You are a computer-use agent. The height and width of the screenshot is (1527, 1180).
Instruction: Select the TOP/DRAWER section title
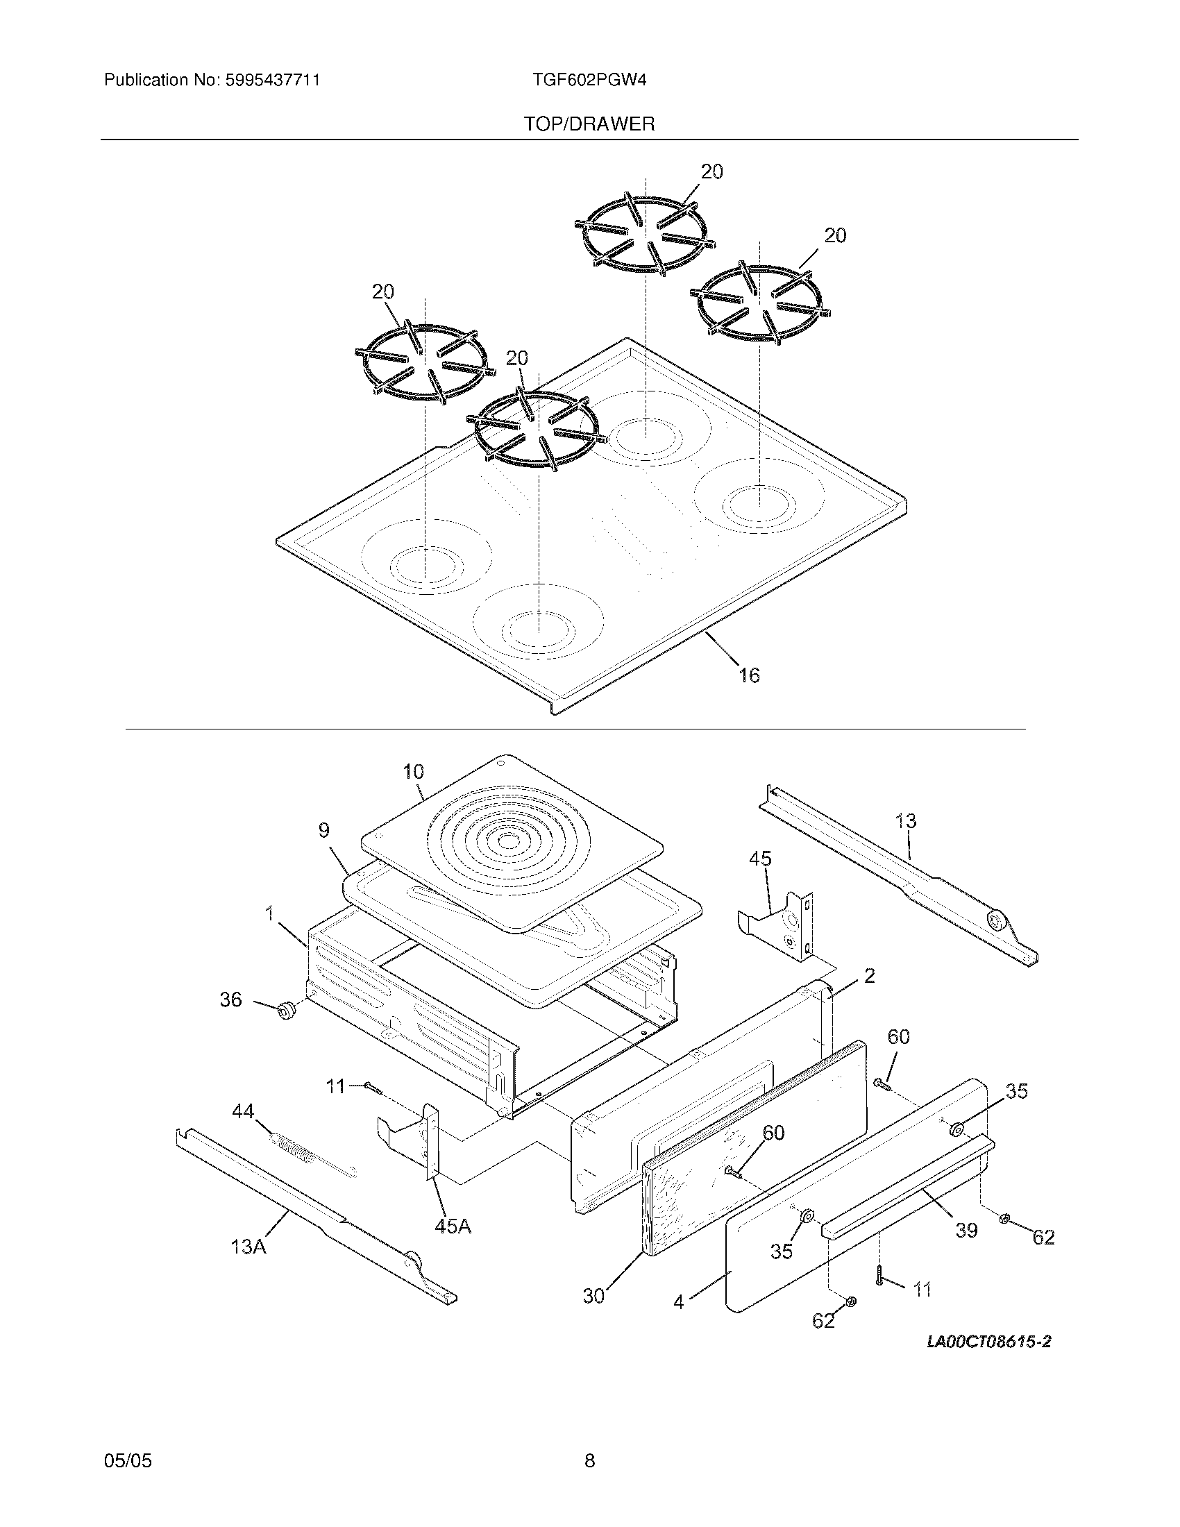pyautogui.click(x=589, y=124)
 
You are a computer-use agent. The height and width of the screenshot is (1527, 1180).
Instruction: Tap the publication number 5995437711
pyautogui.click(x=272, y=80)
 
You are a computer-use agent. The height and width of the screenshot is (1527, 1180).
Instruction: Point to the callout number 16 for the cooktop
pyautogui.click(x=749, y=675)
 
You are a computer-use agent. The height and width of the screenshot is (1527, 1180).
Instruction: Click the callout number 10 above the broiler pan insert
pyautogui.click(x=413, y=772)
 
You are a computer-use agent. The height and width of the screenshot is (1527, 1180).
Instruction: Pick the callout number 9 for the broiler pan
pyautogui.click(x=323, y=830)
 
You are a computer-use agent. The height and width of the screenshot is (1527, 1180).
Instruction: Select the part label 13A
pyautogui.click(x=249, y=1247)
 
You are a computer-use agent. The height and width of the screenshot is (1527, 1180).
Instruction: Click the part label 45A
pyautogui.click(x=453, y=1226)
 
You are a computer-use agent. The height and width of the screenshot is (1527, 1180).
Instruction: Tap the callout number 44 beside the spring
pyautogui.click(x=243, y=1111)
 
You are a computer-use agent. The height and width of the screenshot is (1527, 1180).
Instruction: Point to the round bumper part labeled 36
pyautogui.click(x=285, y=1011)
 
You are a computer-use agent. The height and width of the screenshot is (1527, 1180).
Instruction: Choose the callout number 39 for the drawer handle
pyautogui.click(x=966, y=1230)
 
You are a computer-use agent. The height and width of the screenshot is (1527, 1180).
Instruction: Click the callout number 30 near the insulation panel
pyautogui.click(x=593, y=1296)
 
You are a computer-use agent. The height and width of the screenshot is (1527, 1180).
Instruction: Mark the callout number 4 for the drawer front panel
pyautogui.click(x=678, y=1302)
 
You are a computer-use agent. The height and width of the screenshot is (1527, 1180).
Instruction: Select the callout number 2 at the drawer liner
pyautogui.click(x=869, y=975)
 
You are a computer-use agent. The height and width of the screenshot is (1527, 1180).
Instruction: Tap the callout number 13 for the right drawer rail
pyautogui.click(x=906, y=821)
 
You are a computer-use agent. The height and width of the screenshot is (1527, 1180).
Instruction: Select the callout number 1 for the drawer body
pyautogui.click(x=270, y=913)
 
